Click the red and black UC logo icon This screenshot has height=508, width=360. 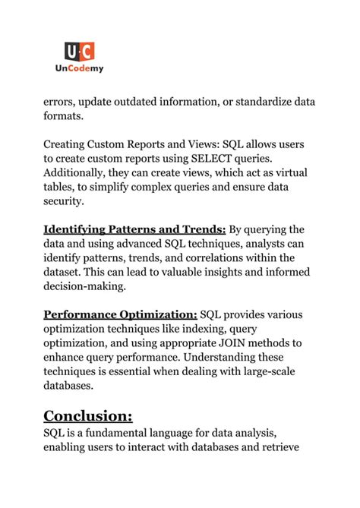(80, 52)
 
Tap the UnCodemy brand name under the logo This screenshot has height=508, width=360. (80, 69)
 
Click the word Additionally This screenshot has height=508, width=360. (77, 173)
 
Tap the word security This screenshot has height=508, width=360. (65, 202)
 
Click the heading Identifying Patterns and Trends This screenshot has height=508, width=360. (134, 230)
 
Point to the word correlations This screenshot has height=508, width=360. (210, 259)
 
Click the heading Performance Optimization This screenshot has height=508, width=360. (120, 315)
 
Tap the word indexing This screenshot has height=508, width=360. (204, 330)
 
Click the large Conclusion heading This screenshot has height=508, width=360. (88, 415)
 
